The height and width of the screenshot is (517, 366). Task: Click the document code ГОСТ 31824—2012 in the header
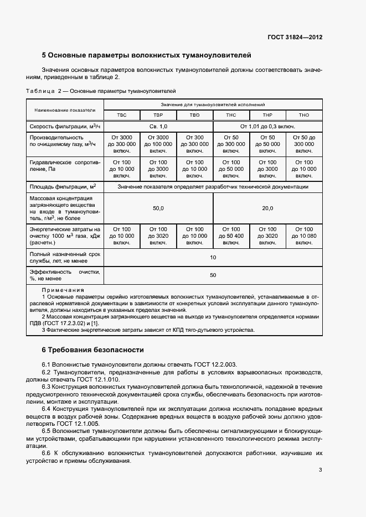tap(295, 38)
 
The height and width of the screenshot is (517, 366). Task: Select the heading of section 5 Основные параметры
tap(147, 55)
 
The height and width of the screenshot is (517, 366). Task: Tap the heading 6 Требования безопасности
tap(93, 350)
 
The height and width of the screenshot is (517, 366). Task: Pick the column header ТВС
tap(121, 115)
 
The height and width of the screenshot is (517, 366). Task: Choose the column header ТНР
tap(267, 115)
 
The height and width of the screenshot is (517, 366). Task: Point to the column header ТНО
tap(303, 115)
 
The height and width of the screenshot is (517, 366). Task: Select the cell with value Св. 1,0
tap(158, 127)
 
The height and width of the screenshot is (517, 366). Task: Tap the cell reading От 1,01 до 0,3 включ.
tap(267, 127)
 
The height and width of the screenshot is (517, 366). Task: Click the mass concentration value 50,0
tap(158, 208)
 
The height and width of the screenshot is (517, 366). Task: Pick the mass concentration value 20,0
tap(267, 208)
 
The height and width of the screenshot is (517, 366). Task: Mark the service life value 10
tap(213, 258)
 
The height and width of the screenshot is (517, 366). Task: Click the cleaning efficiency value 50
tap(213, 275)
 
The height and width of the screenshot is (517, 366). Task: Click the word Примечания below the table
tap(63, 290)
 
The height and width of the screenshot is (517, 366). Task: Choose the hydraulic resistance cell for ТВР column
tap(158, 169)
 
